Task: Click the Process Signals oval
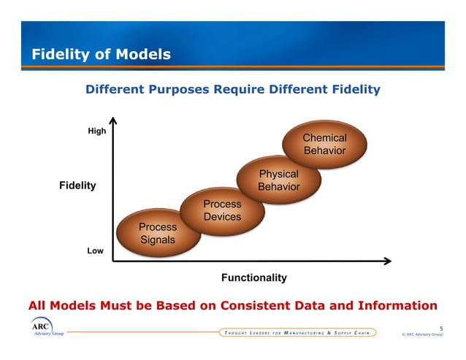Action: pos(158,233)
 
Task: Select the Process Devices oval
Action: pos(222,210)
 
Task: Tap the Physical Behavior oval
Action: pos(279,180)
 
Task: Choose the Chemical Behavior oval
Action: pos(324,145)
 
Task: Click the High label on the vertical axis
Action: pos(96,131)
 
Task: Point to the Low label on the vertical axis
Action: pos(95,250)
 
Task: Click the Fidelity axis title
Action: pos(77,185)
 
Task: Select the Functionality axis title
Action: pos(253,277)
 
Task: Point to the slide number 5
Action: pos(440,328)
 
